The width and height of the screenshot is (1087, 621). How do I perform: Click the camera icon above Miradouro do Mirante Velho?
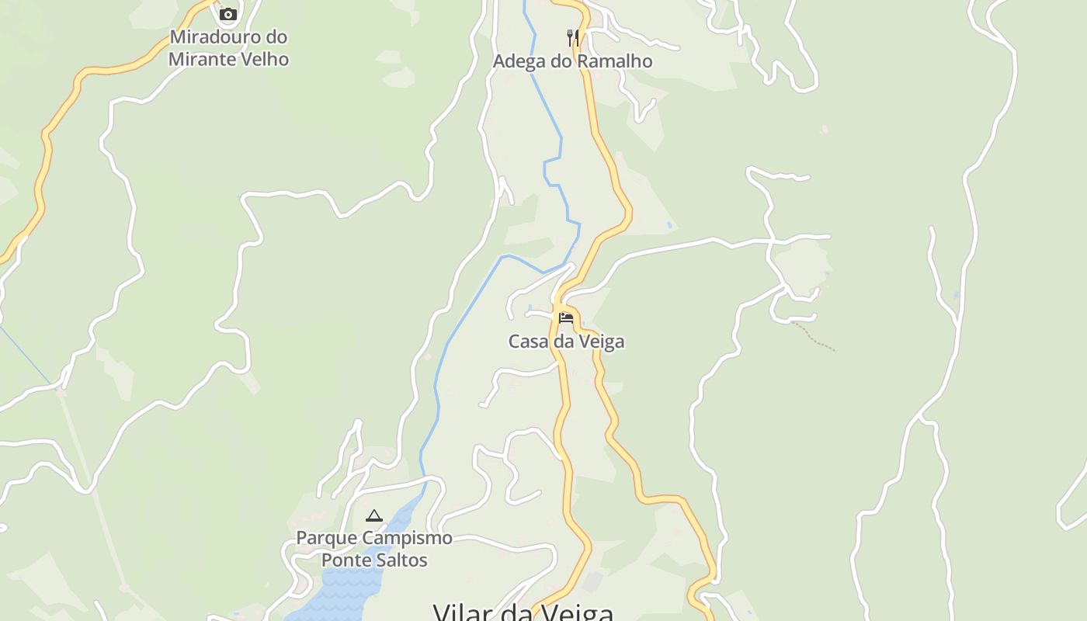(x=227, y=14)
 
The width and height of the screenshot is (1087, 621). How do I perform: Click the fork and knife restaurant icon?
(x=572, y=36)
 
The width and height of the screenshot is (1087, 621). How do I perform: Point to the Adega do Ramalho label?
(x=572, y=61)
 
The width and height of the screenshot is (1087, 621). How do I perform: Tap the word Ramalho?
(x=613, y=61)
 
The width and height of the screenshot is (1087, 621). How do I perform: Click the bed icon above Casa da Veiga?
(x=566, y=317)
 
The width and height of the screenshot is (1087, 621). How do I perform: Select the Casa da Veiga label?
(x=566, y=342)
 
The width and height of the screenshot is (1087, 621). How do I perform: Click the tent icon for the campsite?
(x=374, y=515)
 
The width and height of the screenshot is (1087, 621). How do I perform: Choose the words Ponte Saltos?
(x=374, y=560)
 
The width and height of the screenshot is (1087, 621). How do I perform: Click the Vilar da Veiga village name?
(x=523, y=612)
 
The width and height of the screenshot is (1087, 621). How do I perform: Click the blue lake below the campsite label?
(x=349, y=590)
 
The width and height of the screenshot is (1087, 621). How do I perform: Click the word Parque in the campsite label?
(x=325, y=538)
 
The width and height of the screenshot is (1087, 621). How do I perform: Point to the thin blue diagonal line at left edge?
(x=23, y=353)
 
